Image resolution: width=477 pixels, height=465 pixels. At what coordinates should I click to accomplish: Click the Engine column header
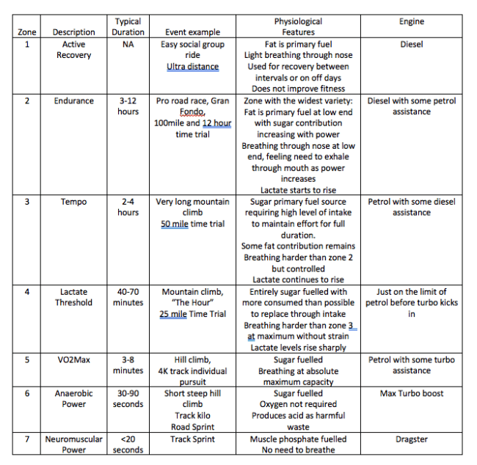(x=411, y=21)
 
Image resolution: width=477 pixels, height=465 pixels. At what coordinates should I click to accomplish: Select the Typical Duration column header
(x=128, y=27)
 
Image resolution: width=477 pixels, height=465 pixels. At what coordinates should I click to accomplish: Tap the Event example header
(x=190, y=32)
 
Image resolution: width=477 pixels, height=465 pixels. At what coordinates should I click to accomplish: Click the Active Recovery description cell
(x=73, y=50)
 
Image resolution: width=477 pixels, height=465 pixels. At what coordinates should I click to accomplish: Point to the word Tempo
(x=73, y=202)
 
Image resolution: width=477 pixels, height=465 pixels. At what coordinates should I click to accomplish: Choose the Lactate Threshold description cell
(x=73, y=297)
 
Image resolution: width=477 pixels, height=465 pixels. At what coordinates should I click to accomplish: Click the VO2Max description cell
(x=73, y=360)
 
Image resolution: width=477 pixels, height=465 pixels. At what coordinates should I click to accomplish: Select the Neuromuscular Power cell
(x=73, y=444)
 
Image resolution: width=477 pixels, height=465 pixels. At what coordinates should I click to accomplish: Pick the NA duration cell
(x=128, y=45)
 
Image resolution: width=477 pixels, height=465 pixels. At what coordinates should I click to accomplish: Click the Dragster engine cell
(x=411, y=439)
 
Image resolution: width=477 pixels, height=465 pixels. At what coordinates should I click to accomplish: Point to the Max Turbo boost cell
(x=411, y=394)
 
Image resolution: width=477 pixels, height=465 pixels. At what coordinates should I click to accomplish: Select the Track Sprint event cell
(x=190, y=439)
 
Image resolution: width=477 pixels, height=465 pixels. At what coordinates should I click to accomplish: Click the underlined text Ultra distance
(x=192, y=67)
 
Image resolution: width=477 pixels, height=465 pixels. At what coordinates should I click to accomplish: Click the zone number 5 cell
(x=27, y=360)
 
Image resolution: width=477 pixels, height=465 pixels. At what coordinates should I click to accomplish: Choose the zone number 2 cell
(x=27, y=101)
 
